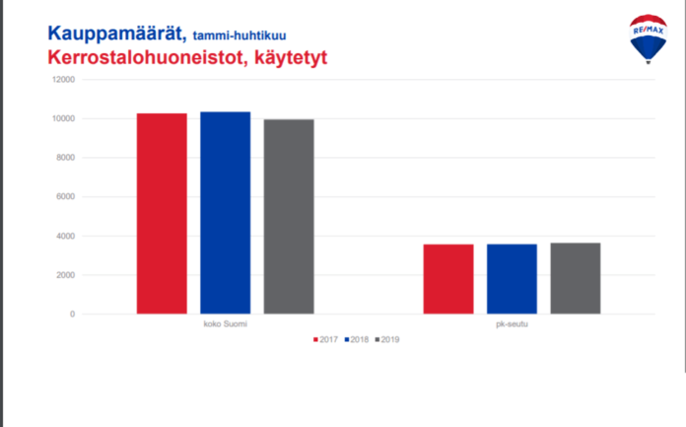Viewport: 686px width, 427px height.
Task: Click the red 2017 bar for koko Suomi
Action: tap(162, 214)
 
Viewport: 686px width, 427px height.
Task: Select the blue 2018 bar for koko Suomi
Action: tap(226, 213)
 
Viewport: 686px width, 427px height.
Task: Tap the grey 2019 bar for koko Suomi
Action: tap(289, 217)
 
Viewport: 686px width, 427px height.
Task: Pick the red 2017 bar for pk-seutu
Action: tap(448, 279)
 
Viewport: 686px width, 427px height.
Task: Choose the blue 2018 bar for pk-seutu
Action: tap(512, 279)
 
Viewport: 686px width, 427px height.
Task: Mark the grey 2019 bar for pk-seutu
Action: tap(576, 278)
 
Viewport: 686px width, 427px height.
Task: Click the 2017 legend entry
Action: tap(325, 339)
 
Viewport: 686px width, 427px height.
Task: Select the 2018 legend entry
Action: tap(357, 339)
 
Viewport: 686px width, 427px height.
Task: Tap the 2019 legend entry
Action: tap(387, 339)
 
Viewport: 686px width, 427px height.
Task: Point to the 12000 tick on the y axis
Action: tap(63, 80)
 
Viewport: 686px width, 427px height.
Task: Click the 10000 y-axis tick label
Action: tap(63, 118)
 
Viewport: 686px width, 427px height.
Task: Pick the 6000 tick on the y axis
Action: tap(66, 196)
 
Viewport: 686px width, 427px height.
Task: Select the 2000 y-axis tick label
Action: tap(66, 275)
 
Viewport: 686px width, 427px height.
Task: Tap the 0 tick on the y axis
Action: tap(73, 314)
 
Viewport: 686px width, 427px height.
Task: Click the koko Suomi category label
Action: tap(226, 324)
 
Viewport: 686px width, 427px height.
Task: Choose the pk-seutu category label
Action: tap(512, 324)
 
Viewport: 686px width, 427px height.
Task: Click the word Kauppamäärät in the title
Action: tap(117, 34)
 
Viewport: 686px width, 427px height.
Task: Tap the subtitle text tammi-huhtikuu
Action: tap(240, 36)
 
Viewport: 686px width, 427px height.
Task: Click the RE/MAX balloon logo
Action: tap(649, 38)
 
